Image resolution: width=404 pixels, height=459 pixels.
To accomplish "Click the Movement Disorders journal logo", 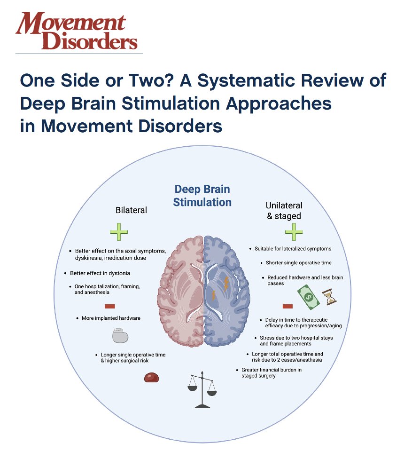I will pos(77,31).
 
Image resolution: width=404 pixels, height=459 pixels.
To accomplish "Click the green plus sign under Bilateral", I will pos(118,232).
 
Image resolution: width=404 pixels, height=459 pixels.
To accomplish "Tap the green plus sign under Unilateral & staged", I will pos(294,232).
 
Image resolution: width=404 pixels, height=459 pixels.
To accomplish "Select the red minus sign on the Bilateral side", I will pos(109,306).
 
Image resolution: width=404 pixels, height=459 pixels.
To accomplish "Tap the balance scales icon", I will pos(202,389).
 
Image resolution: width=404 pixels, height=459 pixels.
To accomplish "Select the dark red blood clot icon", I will pos(151,377).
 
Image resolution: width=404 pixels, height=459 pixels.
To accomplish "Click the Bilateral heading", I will pos(131,210).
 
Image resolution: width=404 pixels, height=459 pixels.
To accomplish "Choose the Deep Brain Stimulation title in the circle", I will pos(202,196).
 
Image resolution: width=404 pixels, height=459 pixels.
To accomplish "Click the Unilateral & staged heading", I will pos(284,211).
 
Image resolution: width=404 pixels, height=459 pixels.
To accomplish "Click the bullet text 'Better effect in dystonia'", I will pos(100,273).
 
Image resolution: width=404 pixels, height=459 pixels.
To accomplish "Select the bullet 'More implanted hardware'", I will pos(111,318).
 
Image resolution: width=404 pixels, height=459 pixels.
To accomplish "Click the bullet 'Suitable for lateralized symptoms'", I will pos(293,249).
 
